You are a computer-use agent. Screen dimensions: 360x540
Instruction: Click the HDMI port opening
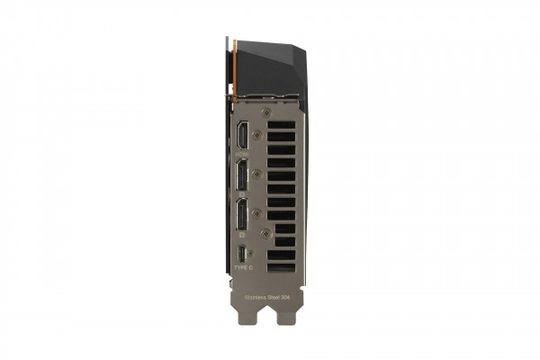click(x=242, y=136)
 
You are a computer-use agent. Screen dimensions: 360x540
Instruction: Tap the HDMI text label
click(x=241, y=154)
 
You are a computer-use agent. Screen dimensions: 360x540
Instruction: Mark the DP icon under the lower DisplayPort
click(x=241, y=234)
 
